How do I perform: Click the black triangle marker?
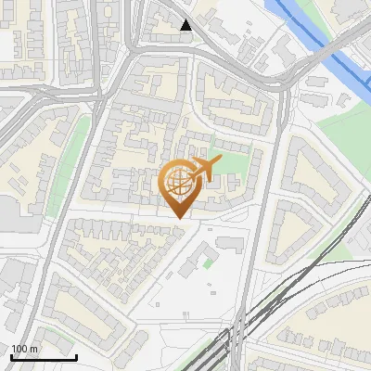tap(186, 25)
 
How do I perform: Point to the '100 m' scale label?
tap(24, 349)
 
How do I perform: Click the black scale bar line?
tap(43, 357)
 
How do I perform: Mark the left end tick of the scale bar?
tap(10, 355)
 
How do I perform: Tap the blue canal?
tap(320, 37)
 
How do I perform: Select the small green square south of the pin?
tap(208, 263)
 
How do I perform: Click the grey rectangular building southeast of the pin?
tap(229, 244)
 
